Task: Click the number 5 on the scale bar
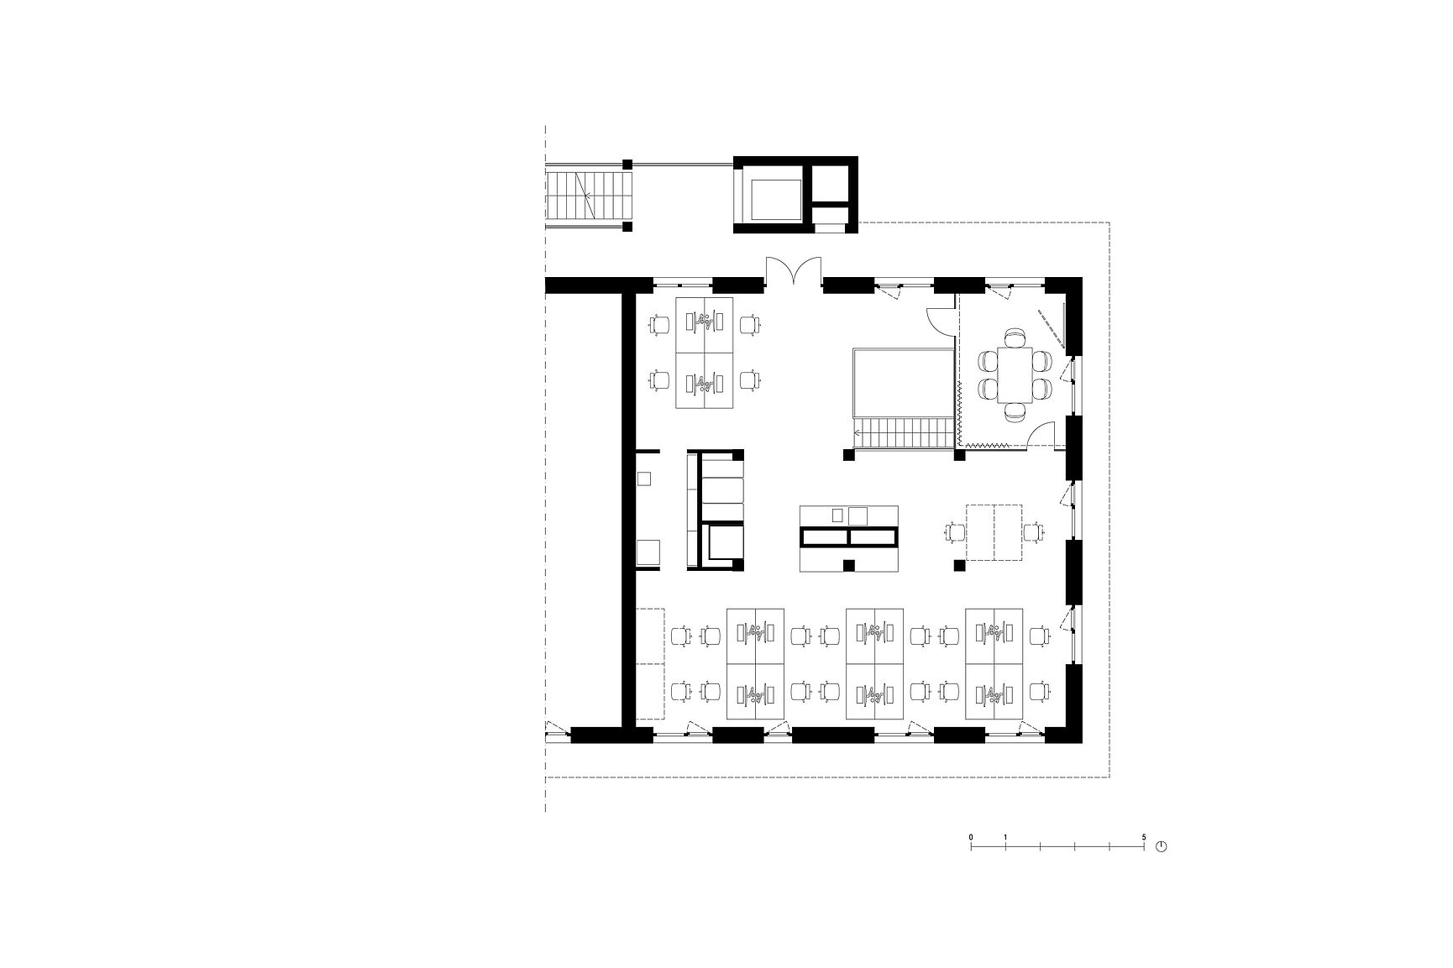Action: point(1143,837)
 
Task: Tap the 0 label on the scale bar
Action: point(971,837)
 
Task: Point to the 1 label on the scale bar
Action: point(1005,837)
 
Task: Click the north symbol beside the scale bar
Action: point(1162,845)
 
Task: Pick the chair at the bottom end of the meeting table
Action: point(1015,411)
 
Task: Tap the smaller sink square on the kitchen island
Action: point(837,515)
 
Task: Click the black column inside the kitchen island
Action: point(850,565)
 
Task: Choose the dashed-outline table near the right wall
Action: point(994,531)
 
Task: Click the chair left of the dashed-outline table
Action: point(955,531)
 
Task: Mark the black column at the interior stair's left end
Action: point(849,454)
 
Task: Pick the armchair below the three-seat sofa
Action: point(725,542)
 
